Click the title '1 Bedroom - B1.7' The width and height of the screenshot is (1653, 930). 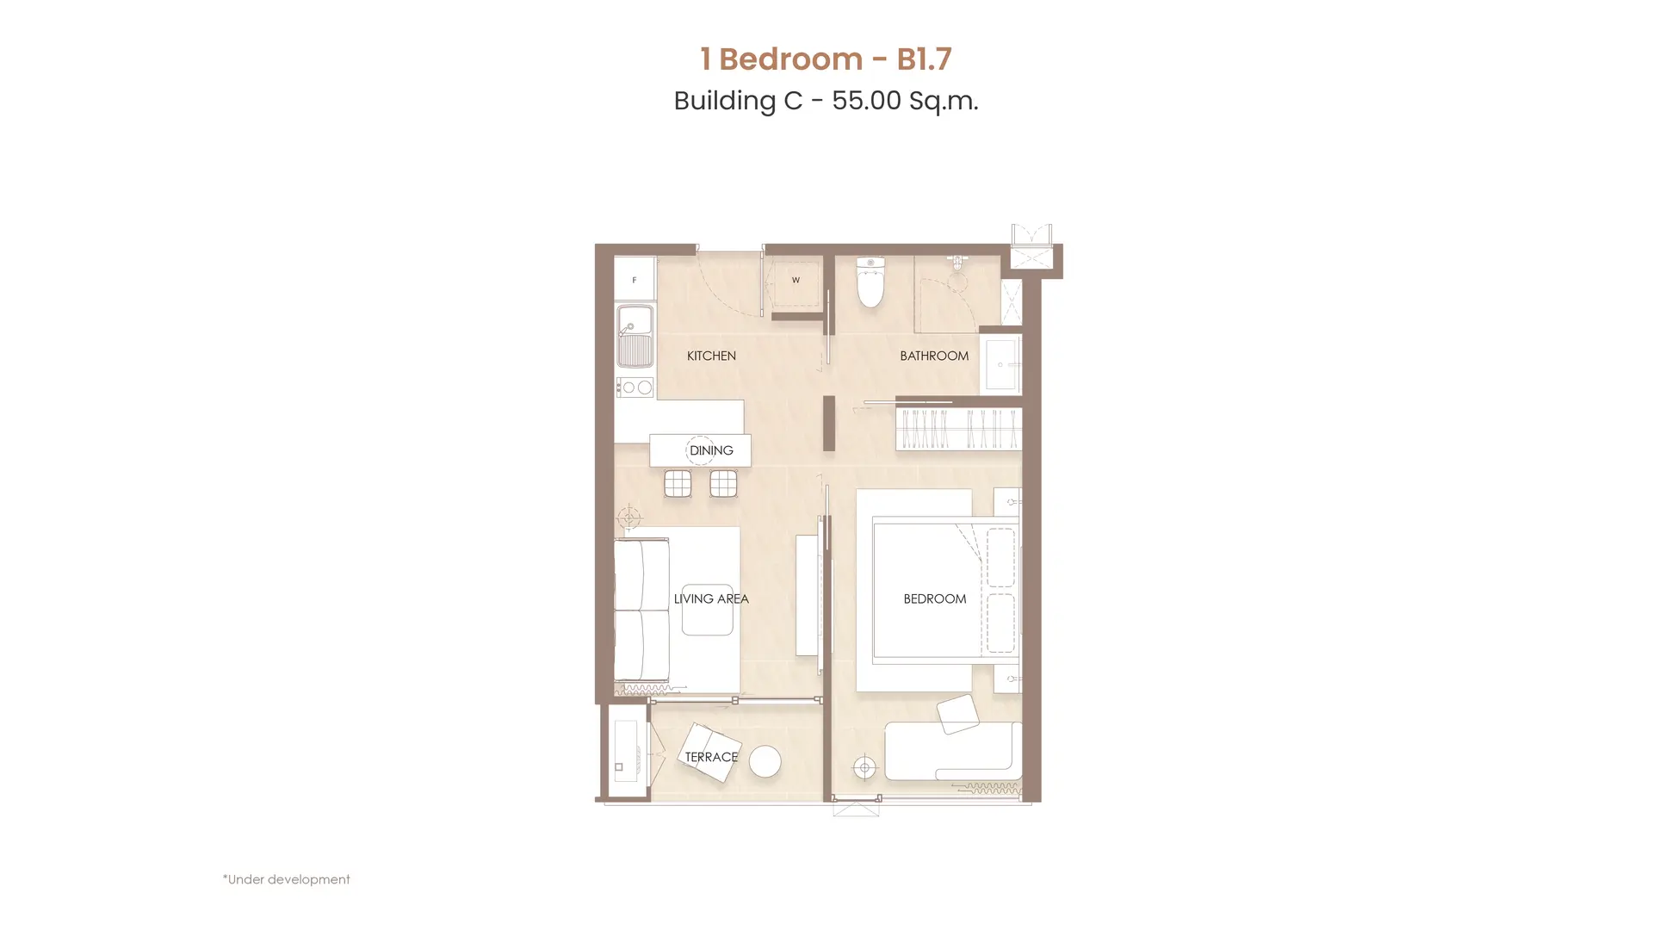(826, 59)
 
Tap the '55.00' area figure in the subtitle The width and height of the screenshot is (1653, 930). (866, 101)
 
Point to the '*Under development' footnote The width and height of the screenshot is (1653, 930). (286, 879)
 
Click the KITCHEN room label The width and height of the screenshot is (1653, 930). (711, 356)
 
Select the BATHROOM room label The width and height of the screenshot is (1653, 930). (934, 356)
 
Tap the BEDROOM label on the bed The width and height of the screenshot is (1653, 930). (935, 598)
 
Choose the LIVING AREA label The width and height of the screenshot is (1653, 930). (711, 598)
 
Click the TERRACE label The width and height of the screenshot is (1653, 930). (711, 757)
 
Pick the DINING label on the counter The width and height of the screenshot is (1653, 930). (711, 450)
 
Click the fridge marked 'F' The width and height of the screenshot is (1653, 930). (635, 279)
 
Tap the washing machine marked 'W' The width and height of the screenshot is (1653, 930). (796, 280)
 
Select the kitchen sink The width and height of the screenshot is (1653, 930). (635, 336)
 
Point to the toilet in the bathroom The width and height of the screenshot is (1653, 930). (870, 282)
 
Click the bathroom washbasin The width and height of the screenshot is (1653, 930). (1000, 364)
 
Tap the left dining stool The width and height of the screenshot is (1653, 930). (678, 484)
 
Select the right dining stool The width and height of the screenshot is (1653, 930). (723, 484)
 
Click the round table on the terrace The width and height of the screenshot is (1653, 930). (765, 761)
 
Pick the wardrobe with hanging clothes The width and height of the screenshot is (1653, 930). (958, 429)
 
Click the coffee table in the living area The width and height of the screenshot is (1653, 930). (708, 610)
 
